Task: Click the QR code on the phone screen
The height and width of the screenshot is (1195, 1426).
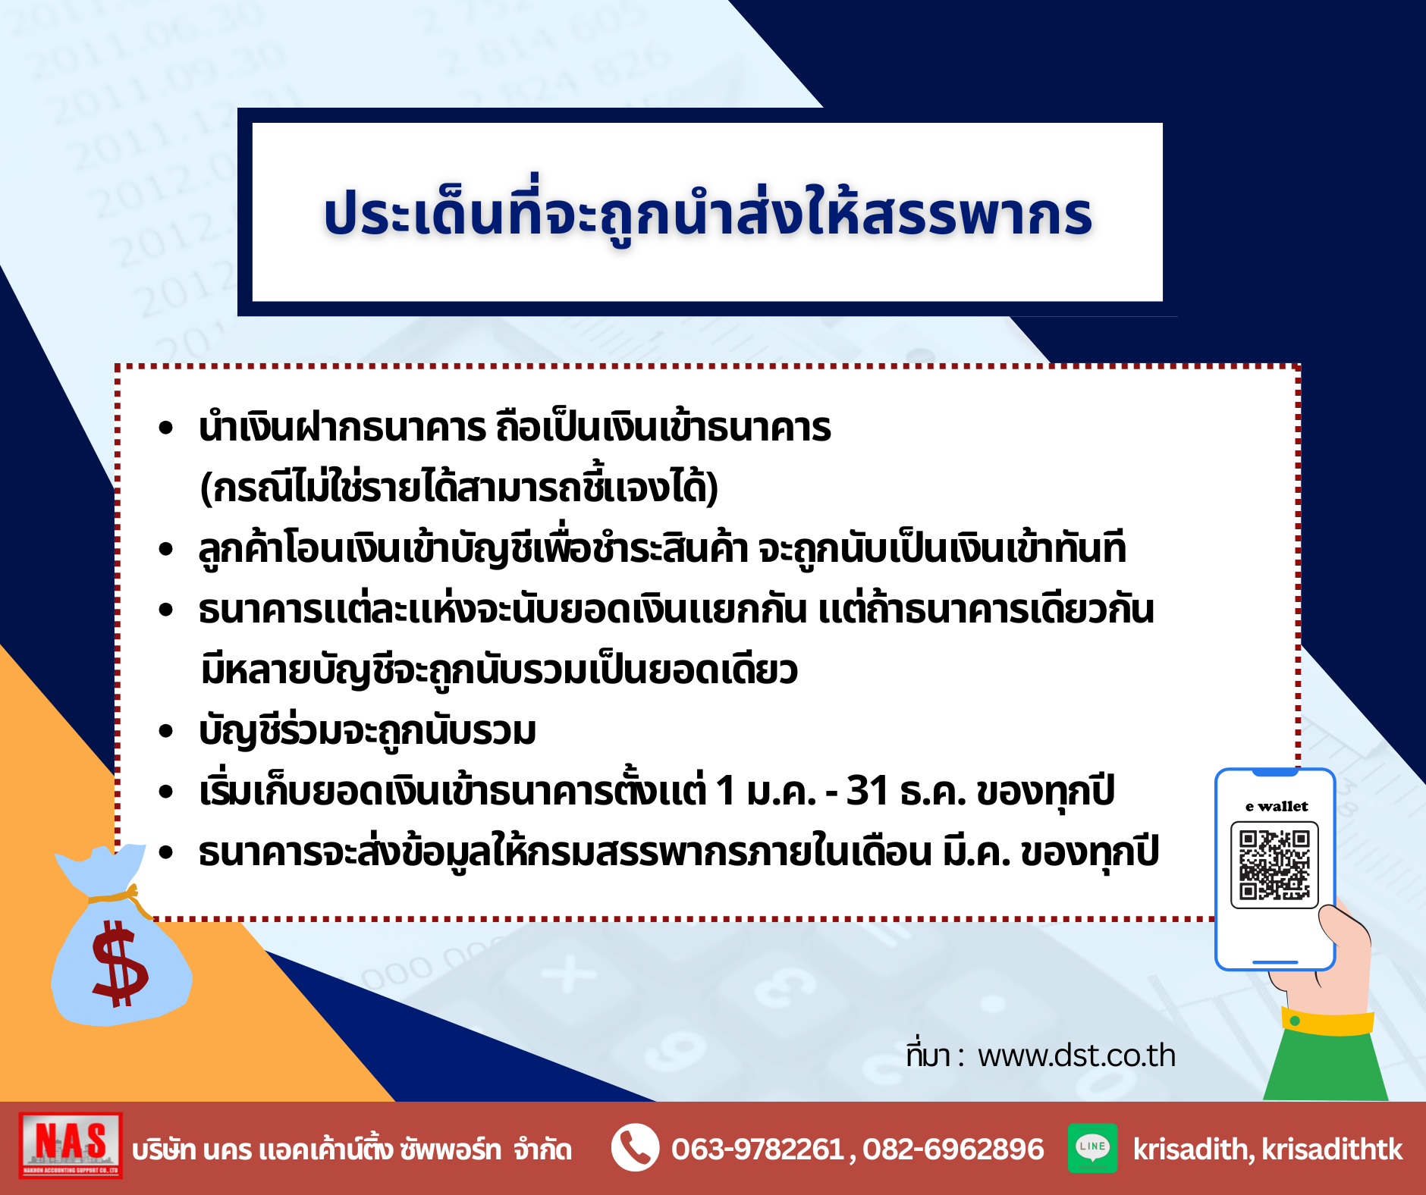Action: click(x=1274, y=864)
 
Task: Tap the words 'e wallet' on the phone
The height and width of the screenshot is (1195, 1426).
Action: click(x=1277, y=806)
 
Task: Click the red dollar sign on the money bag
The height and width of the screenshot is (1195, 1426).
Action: click(x=119, y=963)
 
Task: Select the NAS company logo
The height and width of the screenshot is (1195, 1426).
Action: click(x=71, y=1145)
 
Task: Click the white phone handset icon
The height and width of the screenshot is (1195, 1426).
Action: click(x=635, y=1147)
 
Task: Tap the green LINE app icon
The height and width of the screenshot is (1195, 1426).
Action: click(x=1092, y=1147)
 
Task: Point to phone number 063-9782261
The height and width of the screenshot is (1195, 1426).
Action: click(x=757, y=1150)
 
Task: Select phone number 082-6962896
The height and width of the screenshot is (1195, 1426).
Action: click(x=953, y=1150)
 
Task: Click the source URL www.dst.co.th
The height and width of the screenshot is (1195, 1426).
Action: click(x=1076, y=1055)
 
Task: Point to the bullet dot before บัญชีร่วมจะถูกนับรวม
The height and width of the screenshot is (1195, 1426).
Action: click(x=166, y=731)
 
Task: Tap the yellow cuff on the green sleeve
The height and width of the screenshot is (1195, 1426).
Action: click(x=1327, y=1022)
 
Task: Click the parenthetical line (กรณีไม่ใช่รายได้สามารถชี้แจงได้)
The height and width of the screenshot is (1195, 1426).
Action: click(x=459, y=488)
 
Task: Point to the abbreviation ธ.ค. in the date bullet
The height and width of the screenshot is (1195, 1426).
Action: click(x=932, y=791)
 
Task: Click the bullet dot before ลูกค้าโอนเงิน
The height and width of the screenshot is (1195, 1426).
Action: click(x=166, y=549)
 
